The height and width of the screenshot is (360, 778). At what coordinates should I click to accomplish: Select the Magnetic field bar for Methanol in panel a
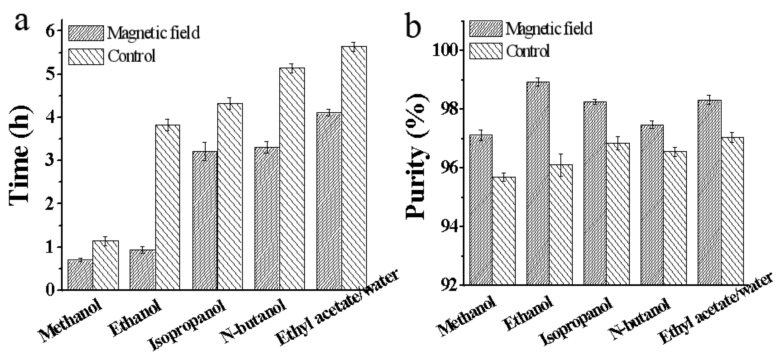(x=80, y=275)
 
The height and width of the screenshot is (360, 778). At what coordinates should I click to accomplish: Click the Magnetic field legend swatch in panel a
(x=86, y=33)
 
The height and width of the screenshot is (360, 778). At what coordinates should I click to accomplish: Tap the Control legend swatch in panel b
(x=486, y=51)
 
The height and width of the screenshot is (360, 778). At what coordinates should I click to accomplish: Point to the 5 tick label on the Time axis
(x=50, y=74)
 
